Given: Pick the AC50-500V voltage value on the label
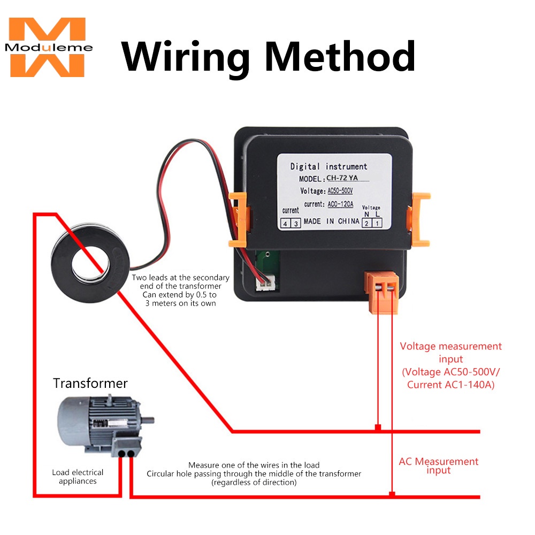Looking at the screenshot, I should [x=340, y=191].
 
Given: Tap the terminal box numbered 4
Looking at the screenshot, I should [x=285, y=224].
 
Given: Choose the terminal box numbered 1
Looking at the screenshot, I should [x=377, y=223].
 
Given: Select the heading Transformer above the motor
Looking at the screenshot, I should [x=90, y=383].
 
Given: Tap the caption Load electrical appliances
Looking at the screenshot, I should [x=78, y=477].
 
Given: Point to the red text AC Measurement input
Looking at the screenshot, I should [x=439, y=465].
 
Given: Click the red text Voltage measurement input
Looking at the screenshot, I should [x=451, y=353].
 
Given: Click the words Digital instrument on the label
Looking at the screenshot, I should [x=328, y=166].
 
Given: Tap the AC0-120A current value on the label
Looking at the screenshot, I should [x=340, y=204].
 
